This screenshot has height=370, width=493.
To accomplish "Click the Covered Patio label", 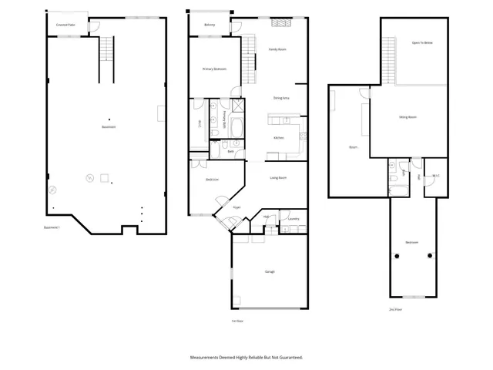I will [65, 25].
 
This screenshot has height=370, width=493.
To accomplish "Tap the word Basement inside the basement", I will [109, 127].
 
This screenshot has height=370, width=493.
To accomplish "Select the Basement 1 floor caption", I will [52, 226].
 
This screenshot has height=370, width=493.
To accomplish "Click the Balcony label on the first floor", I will [210, 25].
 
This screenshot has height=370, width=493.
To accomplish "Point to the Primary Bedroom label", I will [214, 69].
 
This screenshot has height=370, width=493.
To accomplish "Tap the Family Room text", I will [277, 49].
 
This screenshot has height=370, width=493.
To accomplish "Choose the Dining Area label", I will [281, 99].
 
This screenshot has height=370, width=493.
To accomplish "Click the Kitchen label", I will [279, 138].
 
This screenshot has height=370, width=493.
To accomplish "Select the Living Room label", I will [278, 178].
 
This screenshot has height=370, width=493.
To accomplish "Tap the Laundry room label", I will [293, 219].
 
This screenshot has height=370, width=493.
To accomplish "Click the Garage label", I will [270, 271].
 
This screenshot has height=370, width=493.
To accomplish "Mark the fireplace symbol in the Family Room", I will [280, 23].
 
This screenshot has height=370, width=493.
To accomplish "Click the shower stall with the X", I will [239, 107].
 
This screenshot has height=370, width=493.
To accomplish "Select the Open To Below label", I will [421, 42].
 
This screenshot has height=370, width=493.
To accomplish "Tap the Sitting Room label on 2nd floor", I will [407, 117].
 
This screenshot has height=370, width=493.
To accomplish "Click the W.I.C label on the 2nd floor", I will [436, 177].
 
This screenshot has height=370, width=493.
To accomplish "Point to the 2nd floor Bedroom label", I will [412, 243].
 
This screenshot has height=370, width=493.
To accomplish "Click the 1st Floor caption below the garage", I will [237, 321].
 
